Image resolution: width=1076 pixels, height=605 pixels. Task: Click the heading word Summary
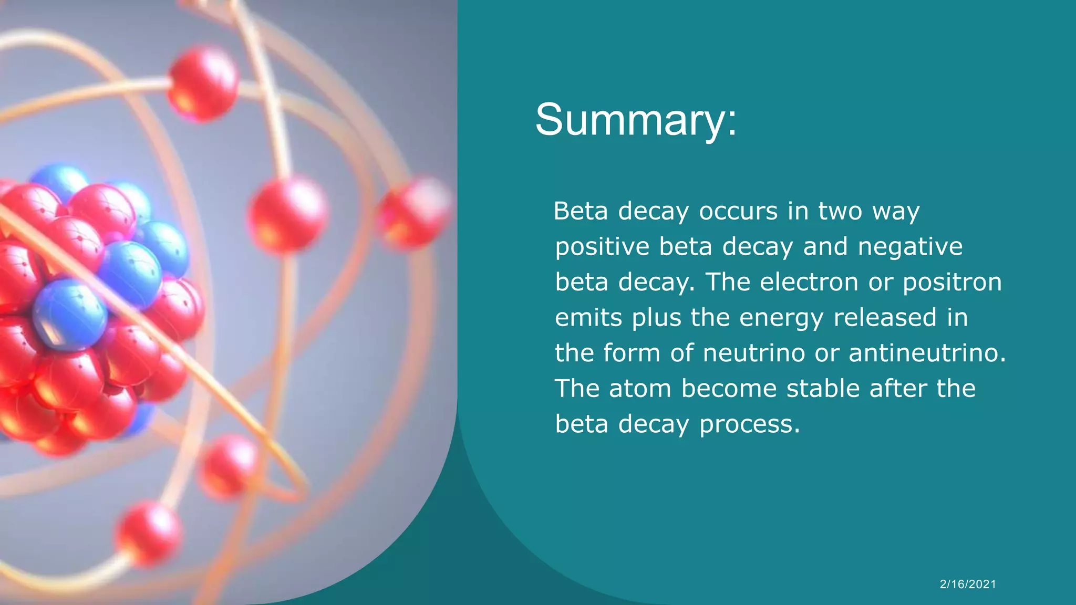[x=636, y=120]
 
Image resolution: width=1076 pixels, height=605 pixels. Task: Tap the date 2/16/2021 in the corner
[x=968, y=584]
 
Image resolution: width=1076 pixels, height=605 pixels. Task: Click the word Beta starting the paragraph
[x=581, y=211]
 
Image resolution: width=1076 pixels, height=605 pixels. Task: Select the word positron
[x=952, y=283]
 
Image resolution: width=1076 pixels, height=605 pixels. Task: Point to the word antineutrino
[x=927, y=353]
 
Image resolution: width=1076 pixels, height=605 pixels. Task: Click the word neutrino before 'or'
[x=754, y=353]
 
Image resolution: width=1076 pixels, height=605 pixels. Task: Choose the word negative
[x=910, y=247]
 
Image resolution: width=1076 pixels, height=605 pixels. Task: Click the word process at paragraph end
[x=750, y=424]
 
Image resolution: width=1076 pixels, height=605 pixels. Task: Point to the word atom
[x=640, y=389]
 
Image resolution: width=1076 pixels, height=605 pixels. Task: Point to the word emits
[x=588, y=318]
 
